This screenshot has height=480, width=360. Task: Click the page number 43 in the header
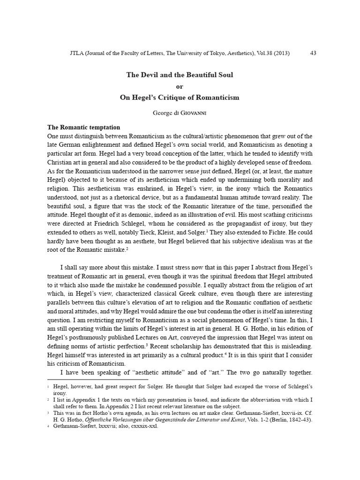coord(314,53)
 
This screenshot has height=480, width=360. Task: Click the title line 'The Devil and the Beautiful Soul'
coord(180,75)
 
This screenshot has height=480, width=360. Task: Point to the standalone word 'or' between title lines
coord(180,86)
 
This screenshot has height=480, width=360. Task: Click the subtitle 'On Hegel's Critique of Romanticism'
coord(180,97)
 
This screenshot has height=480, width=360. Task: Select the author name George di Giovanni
coord(180,113)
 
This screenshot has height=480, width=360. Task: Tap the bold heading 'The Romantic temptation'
coord(84,127)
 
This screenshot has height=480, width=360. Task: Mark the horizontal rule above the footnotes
coord(97,379)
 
